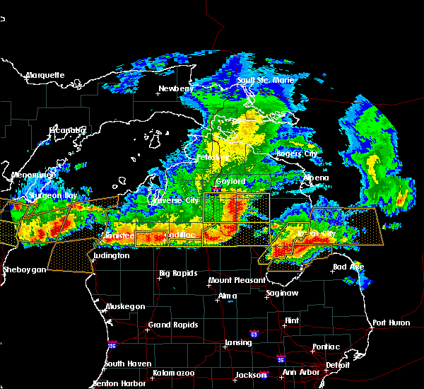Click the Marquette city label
tap(45, 75)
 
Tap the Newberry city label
tap(175, 88)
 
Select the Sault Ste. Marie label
tap(265, 80)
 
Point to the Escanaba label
tap(68, 130)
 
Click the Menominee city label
tap(33, 175)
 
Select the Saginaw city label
tap(281, 293)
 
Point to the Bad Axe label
tap(348, 267)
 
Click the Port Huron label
tap(391, 323)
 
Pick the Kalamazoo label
tap(173, 373)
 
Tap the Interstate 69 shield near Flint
tap(253, 333)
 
